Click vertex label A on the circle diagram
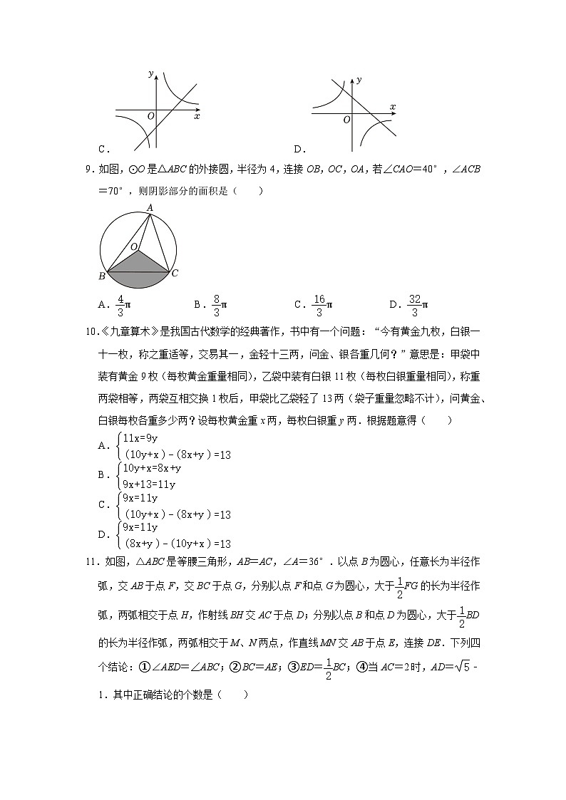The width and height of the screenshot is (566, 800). coord(150,207)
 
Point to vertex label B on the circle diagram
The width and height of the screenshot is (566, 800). coord(103,276)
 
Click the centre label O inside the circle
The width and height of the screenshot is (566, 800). coord(133,247)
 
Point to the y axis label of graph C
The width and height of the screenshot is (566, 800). coord(151,73)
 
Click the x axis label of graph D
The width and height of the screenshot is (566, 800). coord(393,107)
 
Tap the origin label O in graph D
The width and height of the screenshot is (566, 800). coord(346,120)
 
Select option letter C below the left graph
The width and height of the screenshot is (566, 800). coord(103,149)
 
